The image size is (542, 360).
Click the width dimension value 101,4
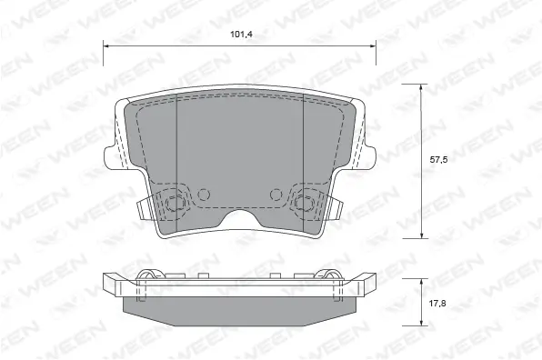click(x=240, y=36)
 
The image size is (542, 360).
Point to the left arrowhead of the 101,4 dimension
click(x=105, y=45)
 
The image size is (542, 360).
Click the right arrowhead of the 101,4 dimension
click(x=375, y=45)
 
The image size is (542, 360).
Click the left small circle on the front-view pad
click(x=204, y=193)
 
